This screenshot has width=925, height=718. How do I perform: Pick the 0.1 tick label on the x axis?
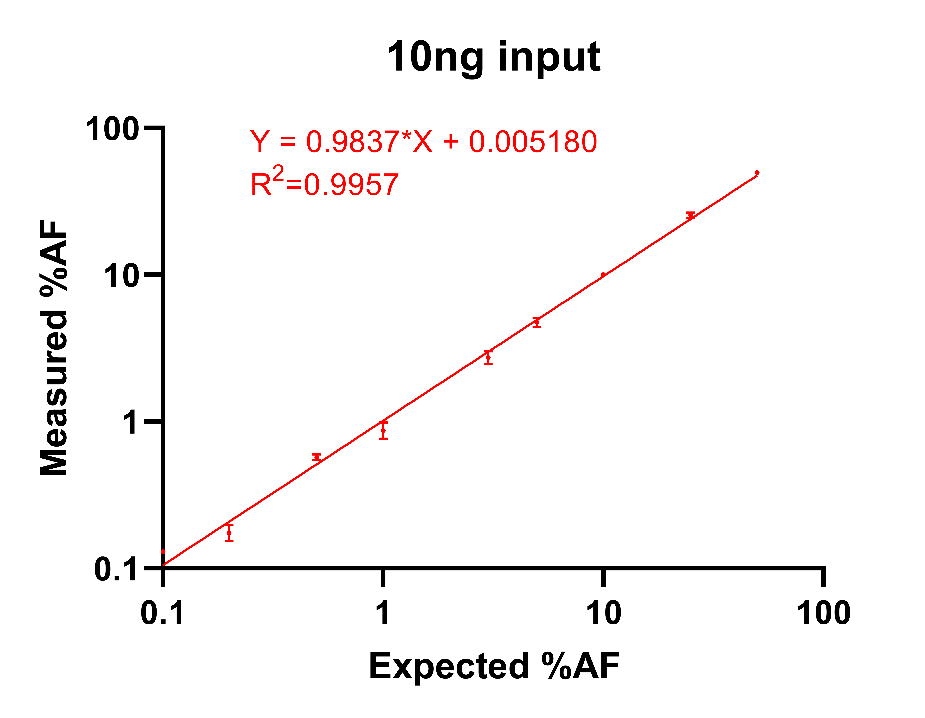point(162,613)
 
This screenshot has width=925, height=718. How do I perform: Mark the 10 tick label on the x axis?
point(603,613)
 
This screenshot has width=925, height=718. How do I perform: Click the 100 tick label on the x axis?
point(823,613)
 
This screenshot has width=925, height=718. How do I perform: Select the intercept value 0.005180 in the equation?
point(533,142)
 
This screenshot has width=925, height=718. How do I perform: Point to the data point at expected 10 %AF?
point(603,275)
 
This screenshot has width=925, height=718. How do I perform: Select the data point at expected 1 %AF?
point(383,430)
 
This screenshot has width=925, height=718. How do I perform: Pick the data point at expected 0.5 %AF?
point(317,458)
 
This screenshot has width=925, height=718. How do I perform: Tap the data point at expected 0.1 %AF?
point(163,552)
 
